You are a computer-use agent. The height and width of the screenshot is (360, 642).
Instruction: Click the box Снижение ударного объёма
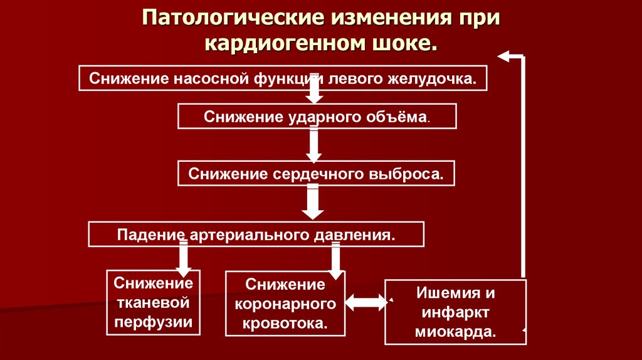[x=317, y=117]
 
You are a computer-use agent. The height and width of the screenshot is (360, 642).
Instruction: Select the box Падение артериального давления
[x=256, y=235]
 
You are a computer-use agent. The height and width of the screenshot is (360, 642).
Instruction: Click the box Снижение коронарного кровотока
[x=285, y=304]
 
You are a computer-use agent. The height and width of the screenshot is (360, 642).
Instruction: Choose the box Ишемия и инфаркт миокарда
[x=456, y=312]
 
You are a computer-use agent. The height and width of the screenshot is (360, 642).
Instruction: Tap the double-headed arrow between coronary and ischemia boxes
[x=366, y=302]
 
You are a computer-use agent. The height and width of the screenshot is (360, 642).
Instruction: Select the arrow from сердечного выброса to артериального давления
[x=312, y=202]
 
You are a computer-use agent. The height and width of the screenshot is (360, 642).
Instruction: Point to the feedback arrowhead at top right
[x=505, y=56]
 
